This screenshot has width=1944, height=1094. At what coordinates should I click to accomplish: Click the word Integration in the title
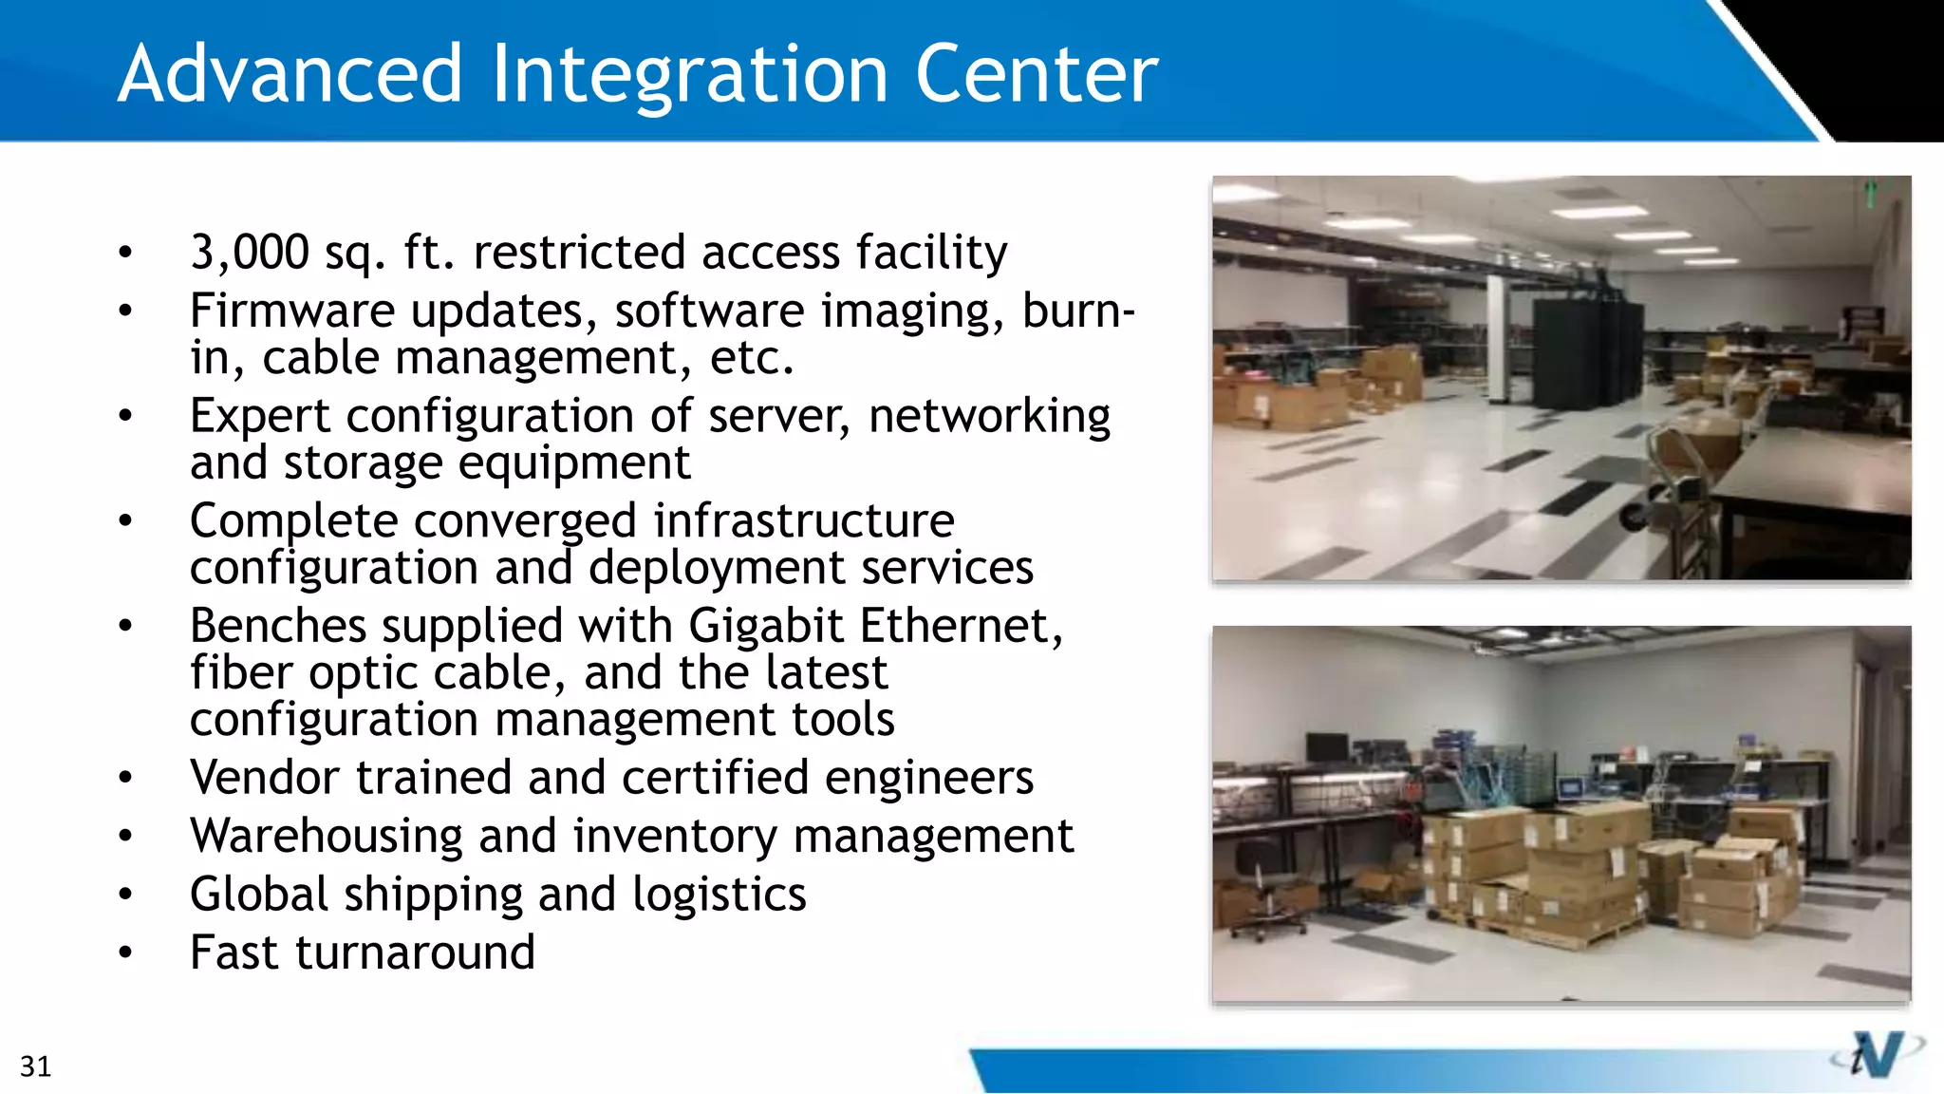pos(689,76)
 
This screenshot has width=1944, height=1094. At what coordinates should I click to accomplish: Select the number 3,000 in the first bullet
pos(249,253)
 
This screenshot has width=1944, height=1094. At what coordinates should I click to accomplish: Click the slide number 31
pos(35,1066)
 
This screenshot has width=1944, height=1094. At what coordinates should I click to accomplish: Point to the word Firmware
pos(292,311)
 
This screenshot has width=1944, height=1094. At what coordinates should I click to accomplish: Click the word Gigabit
pos(765,627)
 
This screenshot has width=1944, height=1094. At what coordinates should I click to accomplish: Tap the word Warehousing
pos(326,837)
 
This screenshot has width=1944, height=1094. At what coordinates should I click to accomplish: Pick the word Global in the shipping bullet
pos(259,895)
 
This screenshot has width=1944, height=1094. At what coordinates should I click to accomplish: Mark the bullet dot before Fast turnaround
pos(125,953)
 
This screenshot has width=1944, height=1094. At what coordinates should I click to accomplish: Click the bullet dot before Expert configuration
pos(125,416)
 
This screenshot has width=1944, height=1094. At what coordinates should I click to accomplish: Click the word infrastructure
pos(803,521)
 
